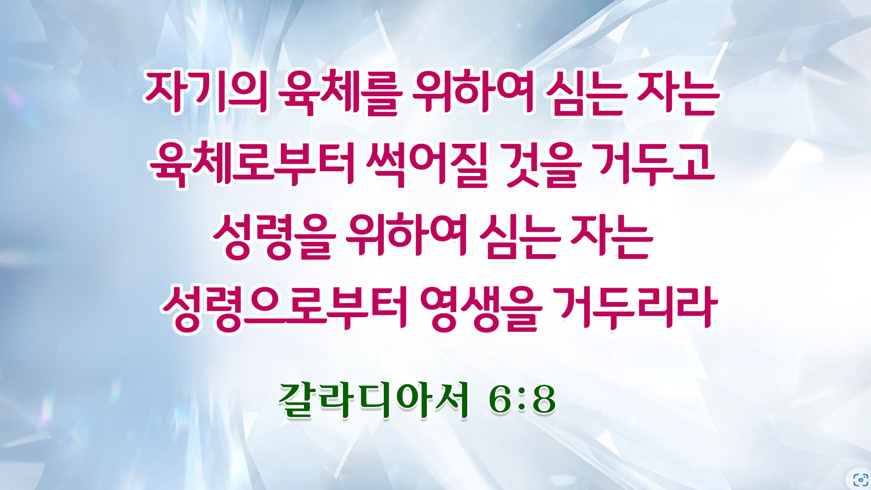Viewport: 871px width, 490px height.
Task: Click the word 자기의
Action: click(x=206, y=92)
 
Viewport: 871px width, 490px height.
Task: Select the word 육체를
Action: click(x=340, y=92)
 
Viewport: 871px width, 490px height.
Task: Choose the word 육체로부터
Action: click(x=251, y=164)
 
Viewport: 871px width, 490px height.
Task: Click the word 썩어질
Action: click(x=427, y=164)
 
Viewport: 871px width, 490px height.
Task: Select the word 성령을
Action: click(x=274, y=236)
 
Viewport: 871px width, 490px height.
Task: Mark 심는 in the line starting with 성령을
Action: click(x=519, y=236)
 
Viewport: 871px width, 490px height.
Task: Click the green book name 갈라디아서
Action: click(x=373, y=400)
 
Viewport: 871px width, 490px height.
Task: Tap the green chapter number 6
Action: click(x=500, y=400)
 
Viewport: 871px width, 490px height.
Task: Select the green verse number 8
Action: click(x=543, y=400)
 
